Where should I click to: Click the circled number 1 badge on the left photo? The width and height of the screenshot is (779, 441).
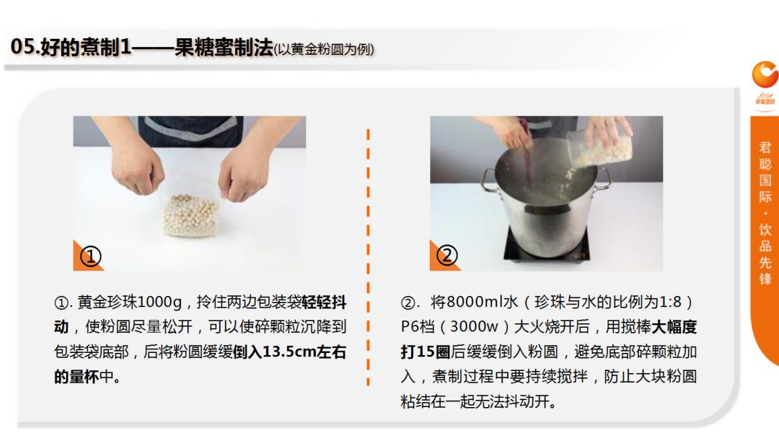click(90, 256)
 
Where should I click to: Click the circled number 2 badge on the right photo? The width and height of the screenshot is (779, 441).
click(446, 256)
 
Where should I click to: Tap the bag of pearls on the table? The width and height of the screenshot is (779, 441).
click(190, 214)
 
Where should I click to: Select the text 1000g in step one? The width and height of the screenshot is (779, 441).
click(159, 302)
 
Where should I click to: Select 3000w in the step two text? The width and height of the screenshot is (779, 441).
click(474, 327)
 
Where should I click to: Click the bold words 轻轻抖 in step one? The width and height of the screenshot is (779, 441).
click(324, 302)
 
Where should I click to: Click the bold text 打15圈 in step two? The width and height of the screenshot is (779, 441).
click(426, 352)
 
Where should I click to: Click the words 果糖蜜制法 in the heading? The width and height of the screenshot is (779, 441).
click(224, 47)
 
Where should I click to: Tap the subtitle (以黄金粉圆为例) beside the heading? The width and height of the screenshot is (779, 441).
click(324, 49)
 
